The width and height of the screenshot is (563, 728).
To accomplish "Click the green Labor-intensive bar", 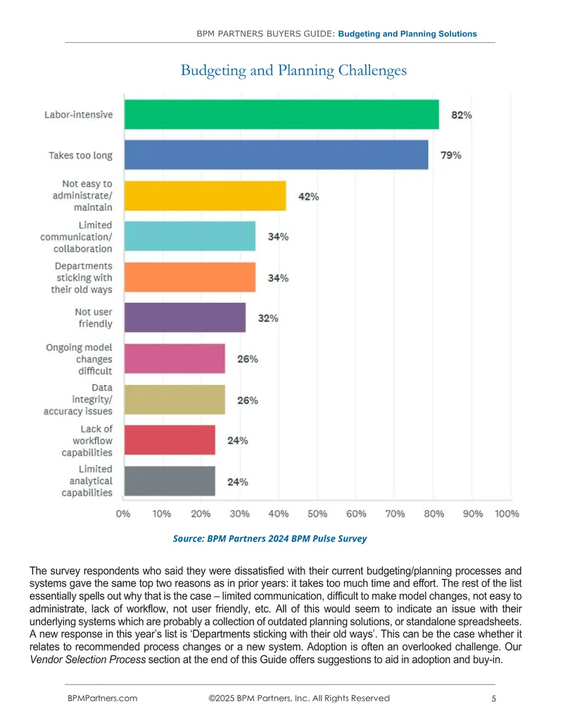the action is (x=281, y=114).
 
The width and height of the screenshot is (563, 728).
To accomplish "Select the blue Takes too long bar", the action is (x=277, y=155).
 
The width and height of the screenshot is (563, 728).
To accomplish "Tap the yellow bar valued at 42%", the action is (x=205, y=196).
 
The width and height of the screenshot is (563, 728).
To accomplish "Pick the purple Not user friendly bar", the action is (x=185, y=317).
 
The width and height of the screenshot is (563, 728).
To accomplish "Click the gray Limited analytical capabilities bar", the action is (x=170, y=481).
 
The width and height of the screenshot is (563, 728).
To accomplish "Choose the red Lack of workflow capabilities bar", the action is (x=170, y=440).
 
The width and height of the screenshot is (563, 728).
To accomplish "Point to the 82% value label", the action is (x=461, y=115).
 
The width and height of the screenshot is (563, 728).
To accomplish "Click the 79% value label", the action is (x=450, y=155).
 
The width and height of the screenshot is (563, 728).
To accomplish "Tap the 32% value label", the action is (x=268, y=318).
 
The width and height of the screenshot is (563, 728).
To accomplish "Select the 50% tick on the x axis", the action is (x=317, y=513).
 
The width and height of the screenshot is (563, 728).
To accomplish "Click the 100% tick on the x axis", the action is (x=507, y=513).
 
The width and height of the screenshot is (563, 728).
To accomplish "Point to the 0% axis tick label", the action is (x=123, y=513).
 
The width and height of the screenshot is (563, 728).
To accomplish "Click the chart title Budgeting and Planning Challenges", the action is (x=293, y=70).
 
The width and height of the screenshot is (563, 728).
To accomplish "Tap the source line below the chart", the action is (x=270, y=539).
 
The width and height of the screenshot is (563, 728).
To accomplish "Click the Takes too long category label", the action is (x=80, y=155).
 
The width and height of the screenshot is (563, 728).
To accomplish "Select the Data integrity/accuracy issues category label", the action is (x=78, y=400).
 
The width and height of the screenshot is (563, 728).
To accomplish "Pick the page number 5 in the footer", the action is (x=494, y=698).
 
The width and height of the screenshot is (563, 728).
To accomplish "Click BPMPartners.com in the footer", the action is (x=102, y=698).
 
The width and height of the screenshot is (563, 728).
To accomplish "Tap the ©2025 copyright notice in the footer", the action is (x=299, y=698).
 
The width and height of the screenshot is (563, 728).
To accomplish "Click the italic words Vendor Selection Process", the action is (x=88, y=660).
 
